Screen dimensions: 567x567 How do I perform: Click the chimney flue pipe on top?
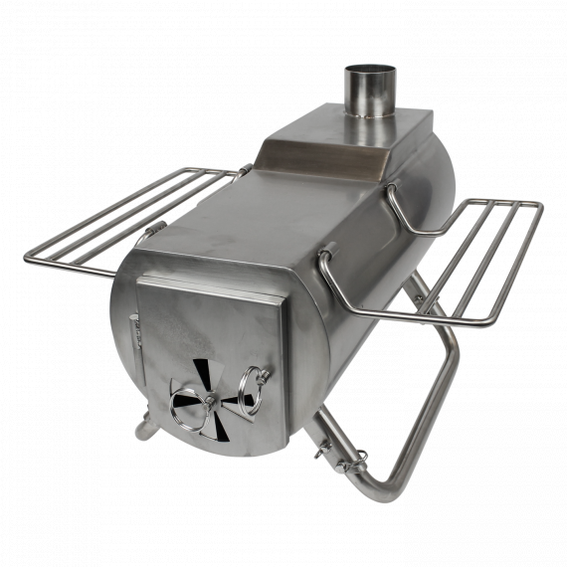(370, 94)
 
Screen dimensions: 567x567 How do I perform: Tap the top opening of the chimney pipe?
(370, 71)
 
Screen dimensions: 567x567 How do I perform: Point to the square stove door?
(209, 353)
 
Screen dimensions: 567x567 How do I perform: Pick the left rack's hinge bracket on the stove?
(155, 231)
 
